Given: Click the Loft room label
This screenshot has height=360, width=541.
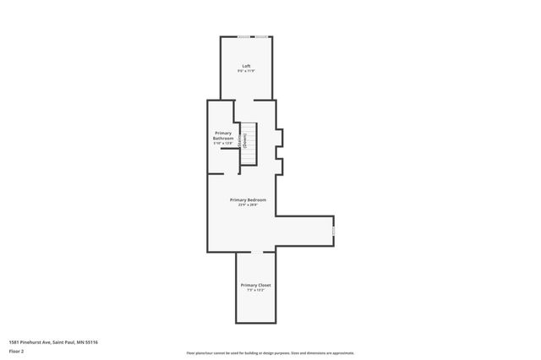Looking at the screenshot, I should pos(246,66).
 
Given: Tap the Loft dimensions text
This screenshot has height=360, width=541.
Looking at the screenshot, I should pos(246,71).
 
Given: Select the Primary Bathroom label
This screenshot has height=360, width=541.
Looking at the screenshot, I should pos(222,135).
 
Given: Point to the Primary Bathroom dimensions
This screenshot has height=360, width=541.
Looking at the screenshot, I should pos(222,143).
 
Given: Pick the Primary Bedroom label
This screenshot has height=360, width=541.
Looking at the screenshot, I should pos(249,199).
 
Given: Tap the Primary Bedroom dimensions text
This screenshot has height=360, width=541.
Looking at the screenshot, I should pos(249,205).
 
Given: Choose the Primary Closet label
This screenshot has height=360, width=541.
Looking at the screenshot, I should pos(255,286).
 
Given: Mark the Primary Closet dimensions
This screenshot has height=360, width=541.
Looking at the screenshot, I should pos(255,291).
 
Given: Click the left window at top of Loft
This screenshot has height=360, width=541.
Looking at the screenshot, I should pos(243,36).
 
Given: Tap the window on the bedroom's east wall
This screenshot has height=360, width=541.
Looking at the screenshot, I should pos(334,228).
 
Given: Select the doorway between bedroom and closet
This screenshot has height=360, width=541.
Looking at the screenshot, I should pos(257,252).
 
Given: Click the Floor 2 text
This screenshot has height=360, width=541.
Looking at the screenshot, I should pos(16,351).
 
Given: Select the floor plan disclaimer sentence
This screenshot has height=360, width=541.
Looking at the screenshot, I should pos(270,353).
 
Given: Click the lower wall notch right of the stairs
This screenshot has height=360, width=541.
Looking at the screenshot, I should pos(280,166).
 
